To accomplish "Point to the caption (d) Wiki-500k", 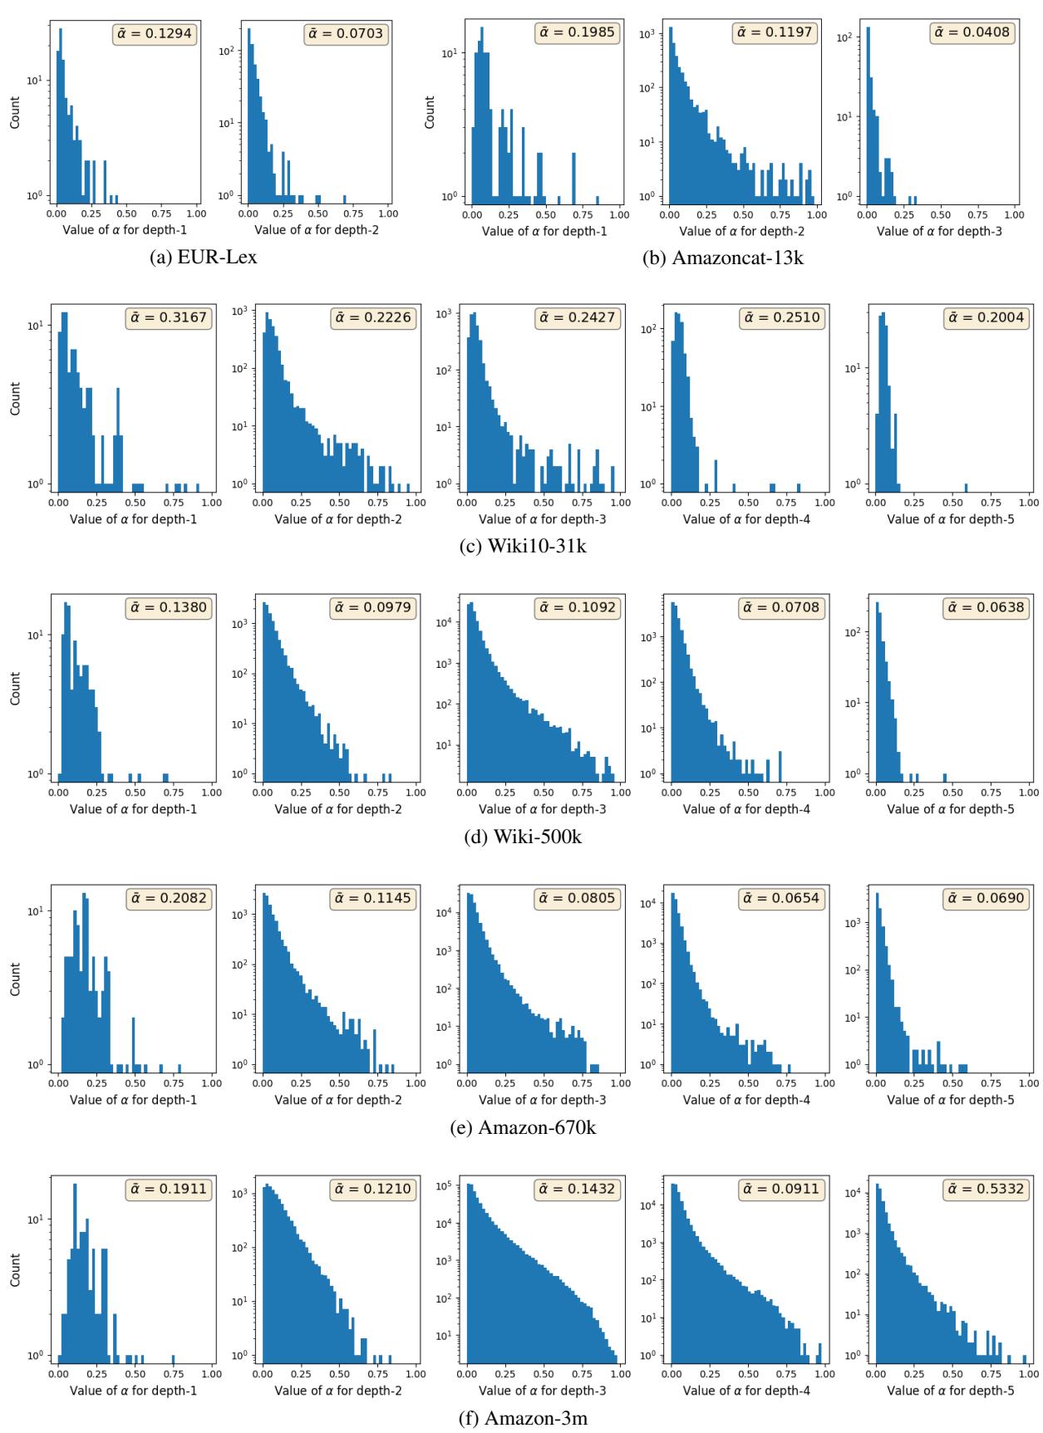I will pyautogui.click(x=521, y=837).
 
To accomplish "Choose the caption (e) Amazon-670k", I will pyautogui.click(x=521, y=1127).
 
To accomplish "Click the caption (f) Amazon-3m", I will pyautogui.click(x=521, y=1417).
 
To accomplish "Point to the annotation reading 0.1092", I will pyautogui.click(x=577, y=607).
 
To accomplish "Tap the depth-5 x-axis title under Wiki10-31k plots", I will pyautogui.click(x=951, y=519).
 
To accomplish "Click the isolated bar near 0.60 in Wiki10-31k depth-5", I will pyautogui.click(x=966, y=486).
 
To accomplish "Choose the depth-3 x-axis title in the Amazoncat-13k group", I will pyautogui.click(x=939, y=230).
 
